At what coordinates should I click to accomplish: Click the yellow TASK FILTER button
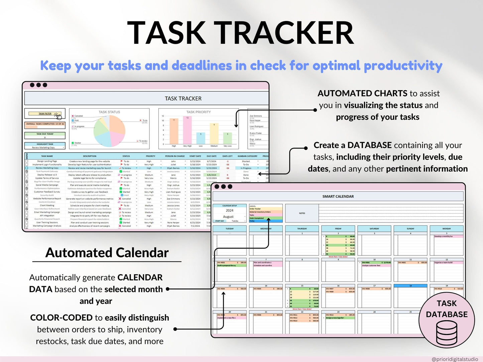[x=45, y=114]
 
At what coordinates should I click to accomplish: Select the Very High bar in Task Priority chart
[x=187, y=131]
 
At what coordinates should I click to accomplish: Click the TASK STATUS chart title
[x=109, y=112]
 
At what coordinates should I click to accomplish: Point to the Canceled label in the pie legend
[x=79, y=116]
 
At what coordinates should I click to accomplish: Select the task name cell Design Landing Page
[x=47, y=161]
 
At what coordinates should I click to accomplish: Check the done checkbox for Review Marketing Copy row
[x=27, y=168]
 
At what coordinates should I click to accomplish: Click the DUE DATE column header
[x=211, y=156]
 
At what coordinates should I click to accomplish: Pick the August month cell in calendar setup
[x=228, y=217]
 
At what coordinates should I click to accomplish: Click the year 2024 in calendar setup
[x=229, y=210]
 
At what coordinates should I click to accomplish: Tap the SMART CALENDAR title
[x=338, y=196]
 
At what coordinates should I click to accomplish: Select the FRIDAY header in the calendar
[x=338, y=229]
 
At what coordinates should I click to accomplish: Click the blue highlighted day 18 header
[x=410, y=286]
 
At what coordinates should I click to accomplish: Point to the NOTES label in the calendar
[x=302, y=213]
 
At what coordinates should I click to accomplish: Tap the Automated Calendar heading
[x=107, y=253]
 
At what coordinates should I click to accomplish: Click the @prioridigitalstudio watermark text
[x=455, y=359]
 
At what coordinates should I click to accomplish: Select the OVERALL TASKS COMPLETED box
[x=45, y=124]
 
